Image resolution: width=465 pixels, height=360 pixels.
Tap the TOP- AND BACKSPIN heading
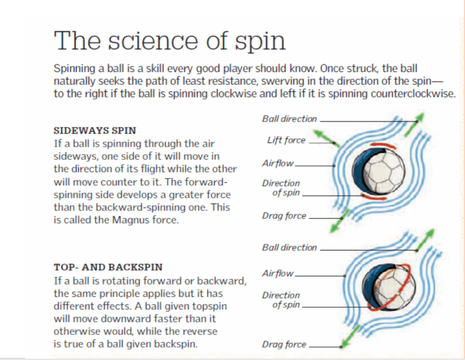tap(108, 267)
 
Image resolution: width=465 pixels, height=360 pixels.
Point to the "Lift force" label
tap(286, 140)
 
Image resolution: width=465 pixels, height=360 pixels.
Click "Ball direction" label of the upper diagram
tap(289, 119)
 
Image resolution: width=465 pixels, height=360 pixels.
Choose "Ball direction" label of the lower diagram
tap(289, 247)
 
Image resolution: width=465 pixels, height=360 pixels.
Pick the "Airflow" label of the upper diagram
tap(278, 163)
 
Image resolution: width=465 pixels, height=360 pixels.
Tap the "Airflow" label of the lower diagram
tap(278, 273)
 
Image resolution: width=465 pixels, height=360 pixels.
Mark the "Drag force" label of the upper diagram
tap(284, 216)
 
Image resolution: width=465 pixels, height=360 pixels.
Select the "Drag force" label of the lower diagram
tap(284, 344)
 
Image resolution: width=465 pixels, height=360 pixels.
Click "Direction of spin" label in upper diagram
tap(281, 188)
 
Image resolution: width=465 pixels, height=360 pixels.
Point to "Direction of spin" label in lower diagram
tap(281, 300)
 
